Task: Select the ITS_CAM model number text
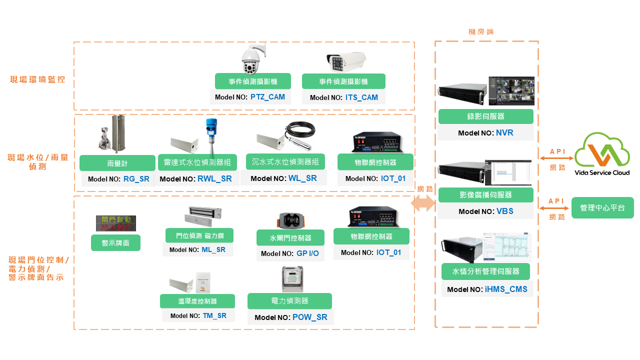pos(361,97)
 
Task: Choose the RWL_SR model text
pos(214,178)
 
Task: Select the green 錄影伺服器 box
pos(485,116)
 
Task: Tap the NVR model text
pos(504,133)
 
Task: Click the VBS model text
pos(504,211)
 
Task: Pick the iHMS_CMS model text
pos(505,289)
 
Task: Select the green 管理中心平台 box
pos(602,208)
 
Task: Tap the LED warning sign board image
pos(116,223)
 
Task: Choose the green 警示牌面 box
pos(115,243)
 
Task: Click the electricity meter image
pos(289,279)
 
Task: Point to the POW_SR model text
pos(309,317)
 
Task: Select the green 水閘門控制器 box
pos(290,237)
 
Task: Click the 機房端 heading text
pos(481,31)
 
